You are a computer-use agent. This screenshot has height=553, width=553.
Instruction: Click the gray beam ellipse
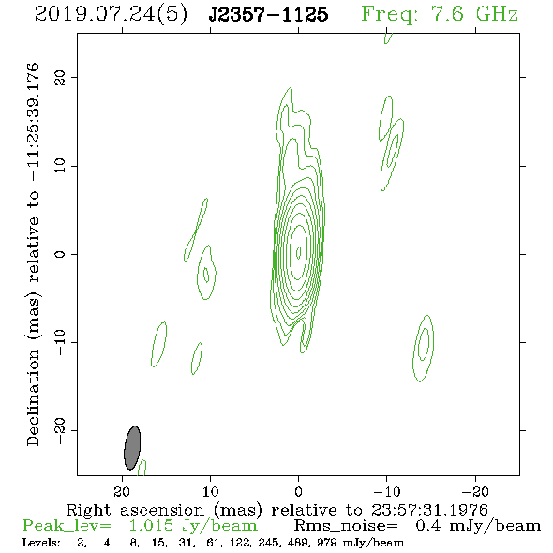point(132,448)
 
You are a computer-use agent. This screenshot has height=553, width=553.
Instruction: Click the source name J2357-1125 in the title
point(268,14)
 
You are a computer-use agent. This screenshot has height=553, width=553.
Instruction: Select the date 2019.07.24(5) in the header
point(111,15)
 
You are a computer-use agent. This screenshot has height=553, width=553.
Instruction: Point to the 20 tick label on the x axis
point(122,492)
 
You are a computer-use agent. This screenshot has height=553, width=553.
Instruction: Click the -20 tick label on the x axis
point(475,492)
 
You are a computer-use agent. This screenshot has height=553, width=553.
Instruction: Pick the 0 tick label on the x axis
point(299,492)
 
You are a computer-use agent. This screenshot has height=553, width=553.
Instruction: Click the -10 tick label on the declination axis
point(60,342)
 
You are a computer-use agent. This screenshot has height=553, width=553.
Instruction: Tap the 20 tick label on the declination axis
point(60,77)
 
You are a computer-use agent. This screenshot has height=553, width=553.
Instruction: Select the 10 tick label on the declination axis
point(60,166)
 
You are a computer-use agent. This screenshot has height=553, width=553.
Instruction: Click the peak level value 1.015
point(151,526)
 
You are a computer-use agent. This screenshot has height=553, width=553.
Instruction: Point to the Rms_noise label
point(346,526)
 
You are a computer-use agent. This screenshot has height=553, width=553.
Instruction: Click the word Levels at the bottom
point(41,542)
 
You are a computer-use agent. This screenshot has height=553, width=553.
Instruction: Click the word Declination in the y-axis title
point(33,397)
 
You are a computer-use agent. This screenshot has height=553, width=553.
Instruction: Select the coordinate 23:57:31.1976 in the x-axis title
point(429,510)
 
